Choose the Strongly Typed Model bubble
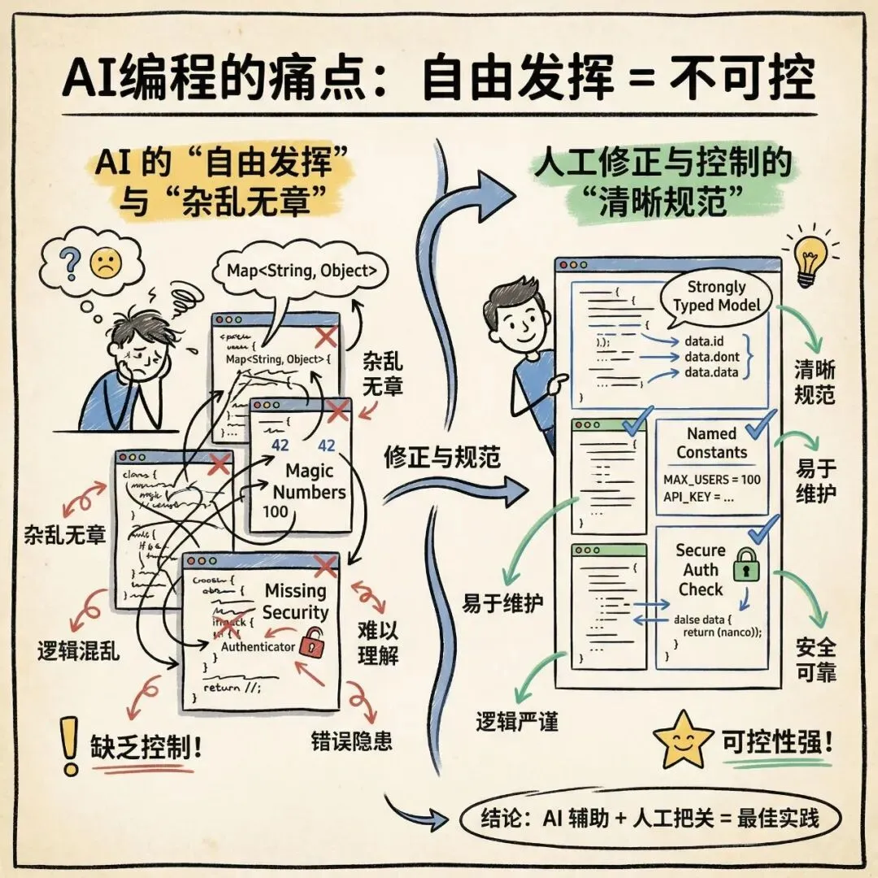(716, 296)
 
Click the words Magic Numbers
(309, 481)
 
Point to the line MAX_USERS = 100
(712, 479)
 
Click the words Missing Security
(295, 602)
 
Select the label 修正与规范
(442, 457)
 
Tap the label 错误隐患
(351, 741)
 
